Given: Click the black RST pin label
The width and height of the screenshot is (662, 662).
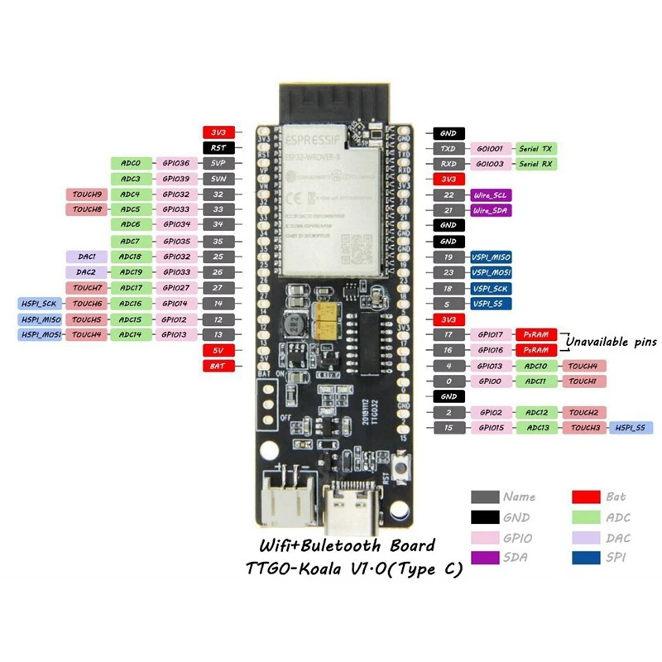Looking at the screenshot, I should point(219,148).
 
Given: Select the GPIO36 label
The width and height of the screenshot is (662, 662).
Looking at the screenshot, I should point(176,164).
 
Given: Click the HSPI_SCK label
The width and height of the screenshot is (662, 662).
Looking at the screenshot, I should point(38,304).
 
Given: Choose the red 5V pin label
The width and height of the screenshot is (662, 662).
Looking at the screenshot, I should point(219,350).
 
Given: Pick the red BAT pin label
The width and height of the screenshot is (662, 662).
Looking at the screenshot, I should point(219,366).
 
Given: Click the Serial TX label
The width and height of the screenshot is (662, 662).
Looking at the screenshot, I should point(535,148).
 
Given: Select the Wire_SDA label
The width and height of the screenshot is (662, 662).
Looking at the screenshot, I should point(491,210).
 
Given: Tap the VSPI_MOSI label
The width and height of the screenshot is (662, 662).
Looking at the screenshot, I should point(491,272).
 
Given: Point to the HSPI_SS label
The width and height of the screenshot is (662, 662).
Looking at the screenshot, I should point(631,428).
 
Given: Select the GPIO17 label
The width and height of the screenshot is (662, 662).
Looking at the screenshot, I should point(491,334).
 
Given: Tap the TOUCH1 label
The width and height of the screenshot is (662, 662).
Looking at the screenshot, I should point(583,381).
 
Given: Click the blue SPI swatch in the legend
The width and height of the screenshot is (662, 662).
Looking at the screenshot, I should point(585,559).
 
